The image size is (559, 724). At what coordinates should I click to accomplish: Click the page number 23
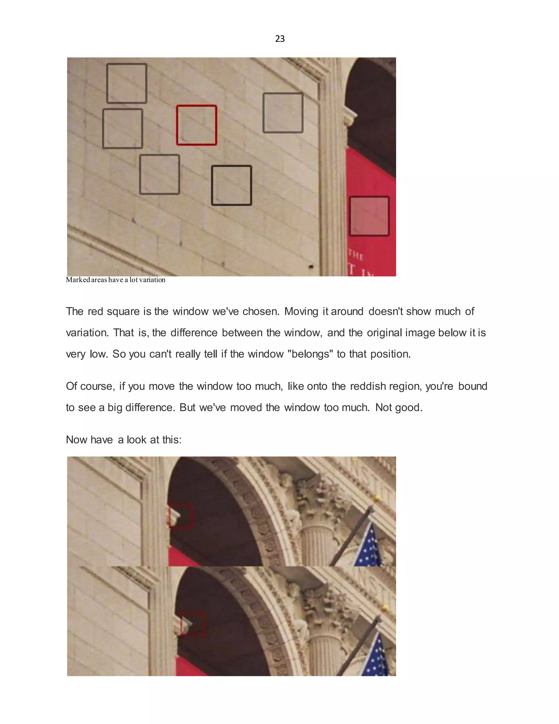[280, 39]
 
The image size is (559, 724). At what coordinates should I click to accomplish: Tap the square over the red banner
[369, 216]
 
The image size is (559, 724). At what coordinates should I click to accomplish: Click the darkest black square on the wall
[231, 185]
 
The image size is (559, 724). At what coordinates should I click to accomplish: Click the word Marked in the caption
[78, 280]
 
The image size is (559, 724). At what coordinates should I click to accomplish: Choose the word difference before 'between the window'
[194, 332]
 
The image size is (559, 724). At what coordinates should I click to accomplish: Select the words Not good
[399, 407]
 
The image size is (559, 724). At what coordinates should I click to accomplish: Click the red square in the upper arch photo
[180, 516]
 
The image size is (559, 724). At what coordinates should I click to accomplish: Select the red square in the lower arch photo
[192, 624]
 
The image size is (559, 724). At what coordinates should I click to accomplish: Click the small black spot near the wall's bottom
[311, 266]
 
